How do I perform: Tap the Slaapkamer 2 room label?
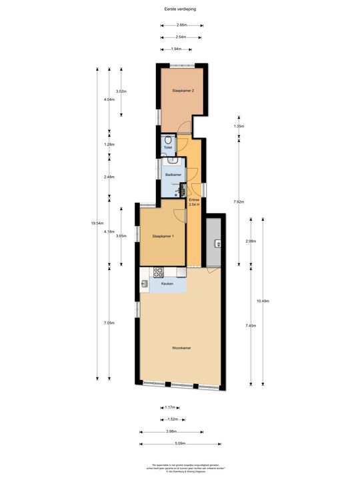pyautogui.click(x=183, y=90)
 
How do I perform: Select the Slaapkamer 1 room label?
pyautogui.click(x=163, y=236)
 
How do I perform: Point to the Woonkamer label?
pyautogui.click(x=181, y=348)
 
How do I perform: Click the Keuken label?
pyautogui.click(x=167, y=284)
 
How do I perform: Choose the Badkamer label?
pyautogui.click(x=173, y=175)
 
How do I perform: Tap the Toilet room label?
pyautogui.click(x=167, y=148)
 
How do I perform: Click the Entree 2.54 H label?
pyautogui.click(x=194, y=202)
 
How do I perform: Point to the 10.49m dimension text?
pyautogui.click(x=263, y=301)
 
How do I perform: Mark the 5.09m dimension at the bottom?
pyautogui.click(x=181, y=443)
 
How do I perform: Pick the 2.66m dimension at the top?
pyautogui.click(x=181, y=25)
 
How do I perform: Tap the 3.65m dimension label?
pyautogui.click(x=121, y=236)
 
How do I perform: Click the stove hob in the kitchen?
pyautogui.click(x=159, y=272)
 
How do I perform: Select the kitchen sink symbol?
pyautogui.click(x=145, y=285)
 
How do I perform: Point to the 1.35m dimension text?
pyautogui.click(x=238, y=126)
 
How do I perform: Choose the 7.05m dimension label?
pyautogui.click(x=109, y=323)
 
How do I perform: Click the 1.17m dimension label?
pyautogui.click(x=169, y=407)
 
